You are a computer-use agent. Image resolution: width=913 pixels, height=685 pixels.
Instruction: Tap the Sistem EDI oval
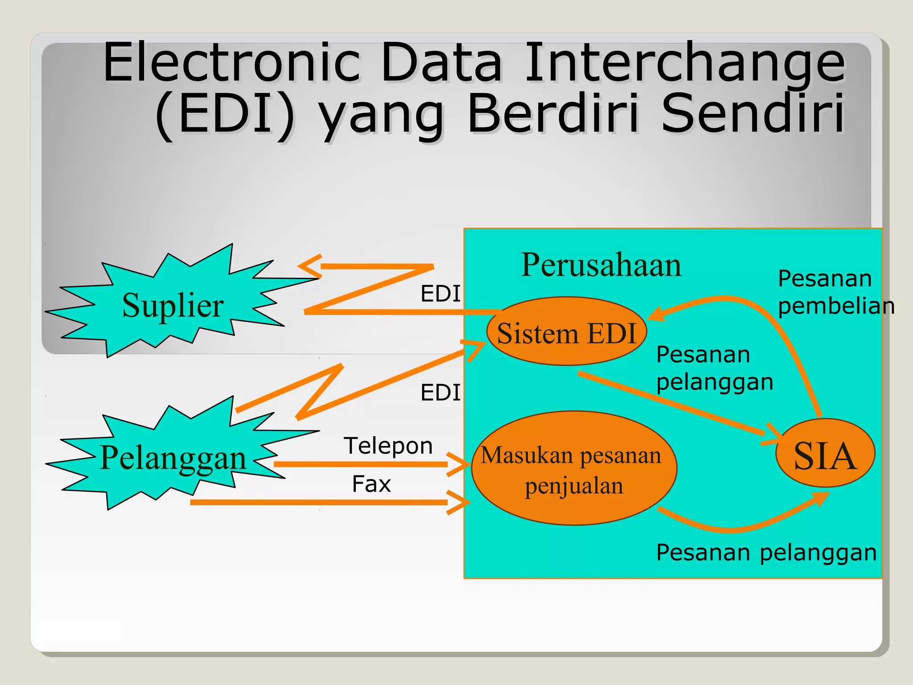[x=566, y=333]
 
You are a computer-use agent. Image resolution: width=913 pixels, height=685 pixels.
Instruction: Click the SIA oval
[x=825, y=455]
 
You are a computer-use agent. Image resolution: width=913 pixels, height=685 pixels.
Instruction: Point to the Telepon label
[x=388, y=446]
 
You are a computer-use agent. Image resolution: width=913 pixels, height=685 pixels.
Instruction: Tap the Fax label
[x=371, y=484]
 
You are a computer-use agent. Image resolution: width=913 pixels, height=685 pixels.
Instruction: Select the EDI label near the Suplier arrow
[x=440, y=294]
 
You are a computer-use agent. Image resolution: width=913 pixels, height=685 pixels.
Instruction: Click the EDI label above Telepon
[x=440, y=393]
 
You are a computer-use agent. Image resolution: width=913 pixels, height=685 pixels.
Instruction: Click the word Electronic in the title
[x=232, y=62]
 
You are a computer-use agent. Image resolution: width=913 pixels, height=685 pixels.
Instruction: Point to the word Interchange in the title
[x=684, y=62]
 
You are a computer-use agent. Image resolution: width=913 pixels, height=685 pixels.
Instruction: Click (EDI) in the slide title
[x=225, y=114]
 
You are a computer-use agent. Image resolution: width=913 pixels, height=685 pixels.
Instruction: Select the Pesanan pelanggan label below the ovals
[x=766, y=553]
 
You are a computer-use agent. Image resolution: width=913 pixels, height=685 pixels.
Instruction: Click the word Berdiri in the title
[x=553, y=114]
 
